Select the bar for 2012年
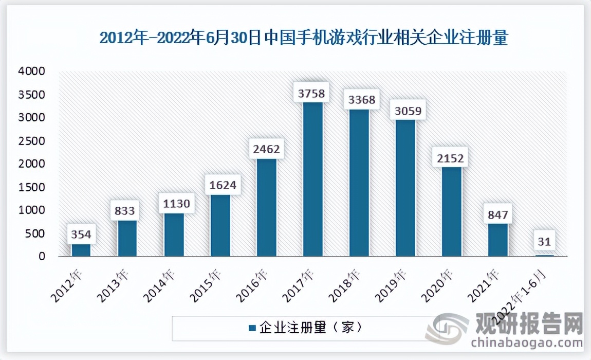(81, 250)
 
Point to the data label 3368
(359, 99)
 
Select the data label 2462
(267, 150)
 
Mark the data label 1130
(174, 204)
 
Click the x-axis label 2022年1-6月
(517, 298)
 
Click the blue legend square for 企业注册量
(252, 328)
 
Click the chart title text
(303, 38)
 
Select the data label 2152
(451, 158)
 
